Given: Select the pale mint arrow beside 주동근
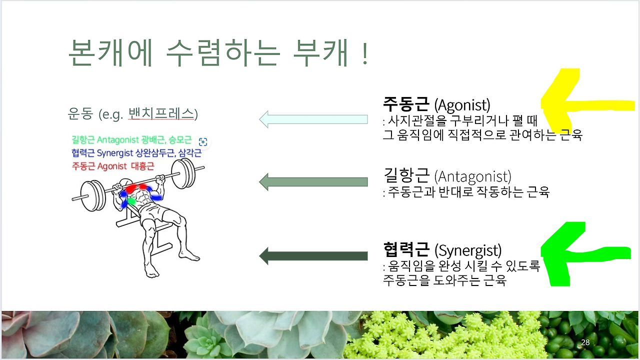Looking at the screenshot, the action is click(x=313, y=119).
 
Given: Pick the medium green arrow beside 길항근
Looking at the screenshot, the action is click(x=313, y=181).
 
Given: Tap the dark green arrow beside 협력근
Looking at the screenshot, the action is click(x=313, y=255).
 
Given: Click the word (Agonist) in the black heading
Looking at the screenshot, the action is click(x=462, y=105).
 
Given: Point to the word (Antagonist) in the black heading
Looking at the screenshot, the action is click(x=472, y=176).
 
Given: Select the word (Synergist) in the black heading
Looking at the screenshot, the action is click(x=467, y=250).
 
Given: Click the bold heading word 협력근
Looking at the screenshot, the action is click(x=406, y=249).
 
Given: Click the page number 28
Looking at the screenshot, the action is click(x=585, y=342).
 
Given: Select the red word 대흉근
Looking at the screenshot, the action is click(x=142, y=166).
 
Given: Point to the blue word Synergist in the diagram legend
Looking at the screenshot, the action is click(x=115, y=153).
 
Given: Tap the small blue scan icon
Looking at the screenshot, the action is click(x=203, y=141).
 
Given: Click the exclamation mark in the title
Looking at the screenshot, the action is click(x=364, y=53).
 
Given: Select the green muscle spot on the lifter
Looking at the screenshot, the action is click(x=131, y=201).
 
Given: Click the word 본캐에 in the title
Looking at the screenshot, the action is click(x=110, y=52).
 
